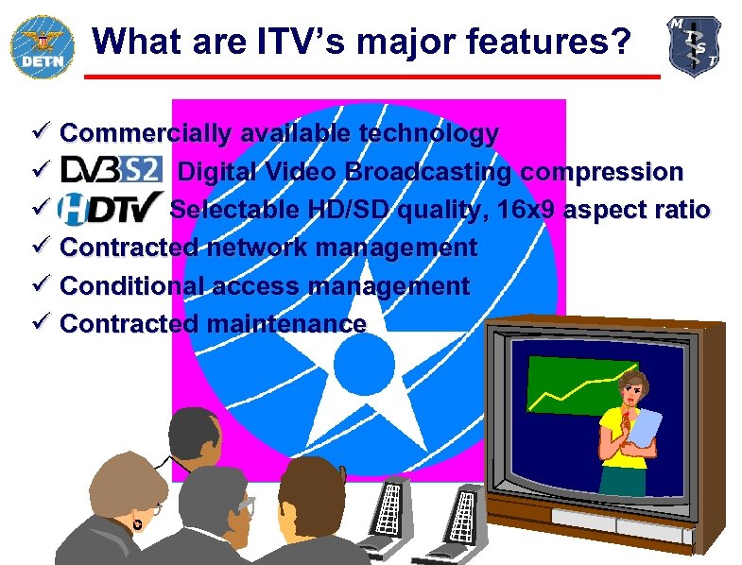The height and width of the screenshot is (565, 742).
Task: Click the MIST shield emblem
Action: pos(694,45)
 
